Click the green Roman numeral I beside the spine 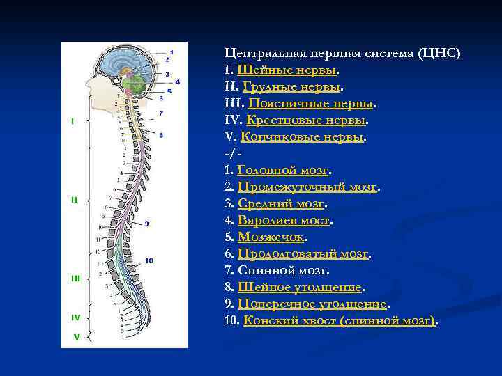click(73, 121)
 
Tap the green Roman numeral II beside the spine click(74, 200)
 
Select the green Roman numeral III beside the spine click(76, 278)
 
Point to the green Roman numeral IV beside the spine click(75, 317)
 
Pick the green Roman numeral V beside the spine click(76, 337)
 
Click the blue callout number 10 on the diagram click(149, 260)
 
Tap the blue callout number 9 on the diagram click(146, 224)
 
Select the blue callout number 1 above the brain click(172, 52)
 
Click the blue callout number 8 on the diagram click(161, 134)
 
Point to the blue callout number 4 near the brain click(177, 81)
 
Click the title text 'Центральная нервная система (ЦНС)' click(342, 54)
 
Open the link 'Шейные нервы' click(287, 70)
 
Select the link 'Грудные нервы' click(290, 88)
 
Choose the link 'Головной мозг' click(282, 171)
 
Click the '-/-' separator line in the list click(233, 153)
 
